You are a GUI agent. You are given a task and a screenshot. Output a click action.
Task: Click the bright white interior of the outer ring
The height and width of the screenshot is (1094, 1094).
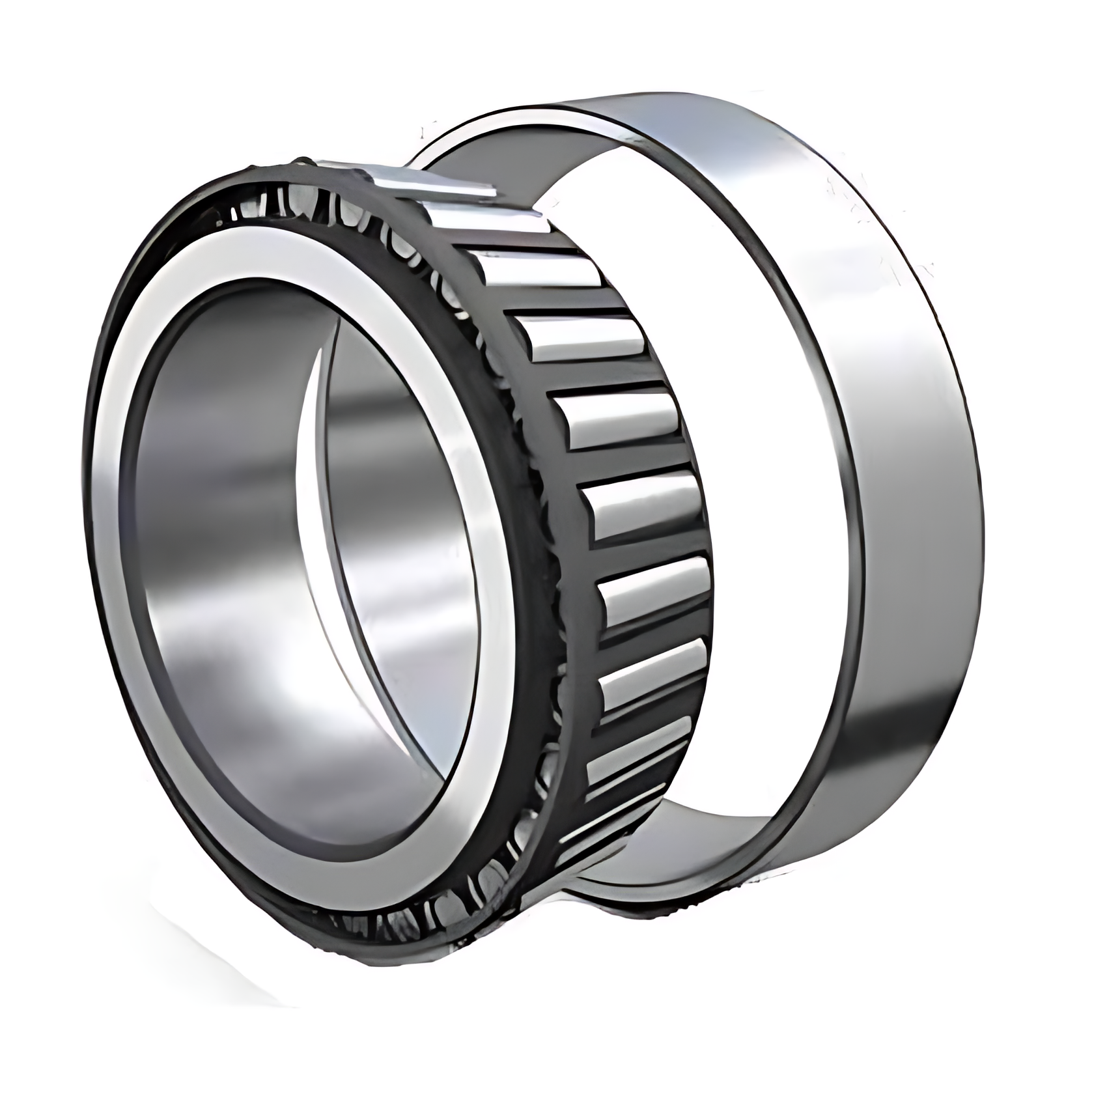pyautogui.click(x=749, y=456)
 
